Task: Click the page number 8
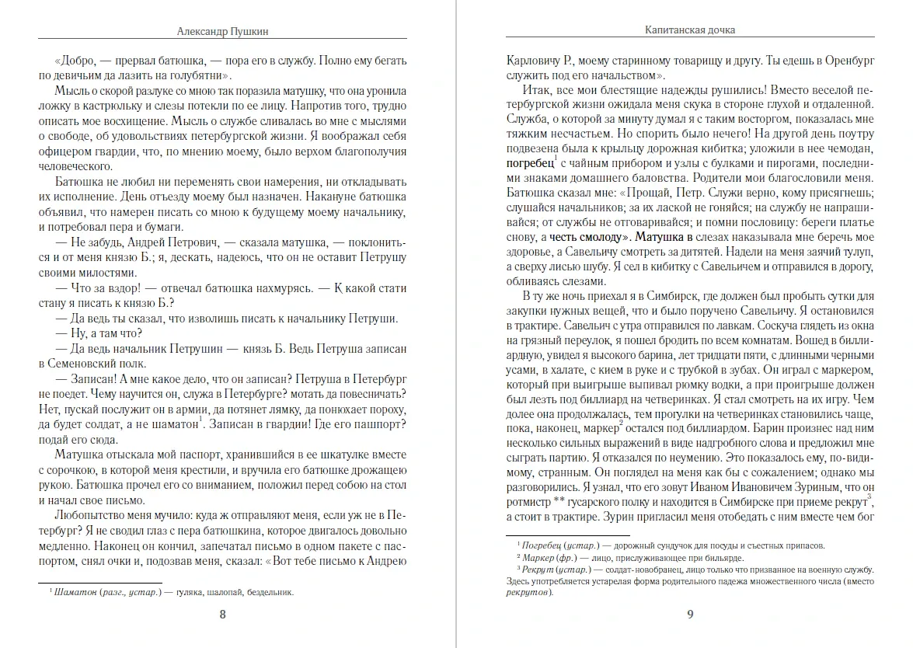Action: [x=223, y=615]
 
